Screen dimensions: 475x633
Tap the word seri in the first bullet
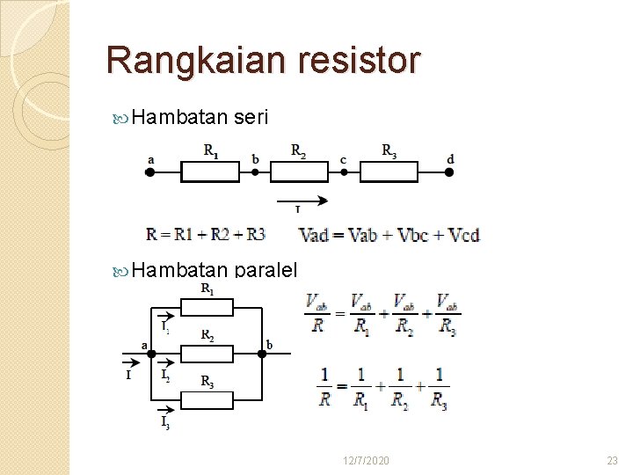pyautogui.click(x=251, y=118)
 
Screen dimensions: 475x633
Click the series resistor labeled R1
pyautogui.click(x=210, y=172)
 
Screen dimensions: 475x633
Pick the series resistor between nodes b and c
pyautogui.click(x=299, y=172)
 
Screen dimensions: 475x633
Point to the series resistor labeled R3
pyautogui.click(x=389, y=172)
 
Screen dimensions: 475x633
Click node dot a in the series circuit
pyautogui.click(x=149, y=172)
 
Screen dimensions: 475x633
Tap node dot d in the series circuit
pyautogui.click(x=449, y=172)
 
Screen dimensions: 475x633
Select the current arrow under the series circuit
pyautogui.click(x=302, y=201)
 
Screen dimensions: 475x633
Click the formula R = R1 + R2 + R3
pyautogui.click(x=206, y=234)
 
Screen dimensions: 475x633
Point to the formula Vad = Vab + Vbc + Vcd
pyautogui.click(x=389, y=235)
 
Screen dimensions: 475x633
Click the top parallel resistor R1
pyautogui.click(x=207, y=307)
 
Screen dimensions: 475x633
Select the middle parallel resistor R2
pyautogui.click(x=207, y=353)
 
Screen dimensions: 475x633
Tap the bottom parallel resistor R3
pyautogui.click(x=207, y=399)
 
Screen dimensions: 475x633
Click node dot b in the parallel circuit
pyautogui.click(x=262, y=353)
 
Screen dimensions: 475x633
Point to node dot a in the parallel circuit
pyautogui.click(x=151, y=353)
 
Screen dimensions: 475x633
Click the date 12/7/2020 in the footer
pyautogui.click(x=367, y=461)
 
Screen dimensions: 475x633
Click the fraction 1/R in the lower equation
pyautogui.click(x=324, y=387)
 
